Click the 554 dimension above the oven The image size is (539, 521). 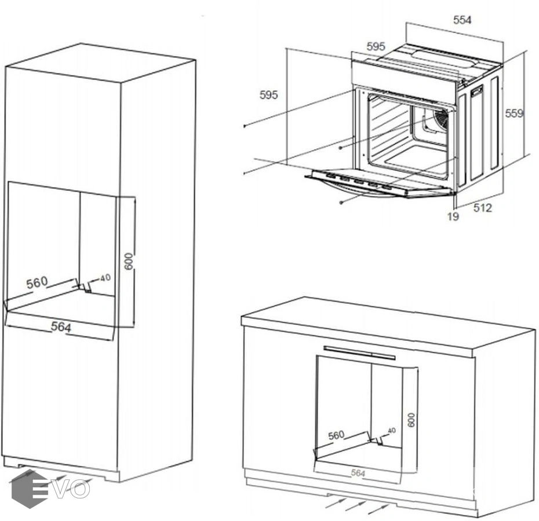click(x=462, y=20)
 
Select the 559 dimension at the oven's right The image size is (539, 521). click(x=514, y=113)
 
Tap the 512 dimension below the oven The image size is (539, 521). click(x=482, y=208)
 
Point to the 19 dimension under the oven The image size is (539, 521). click(x=453, y=216)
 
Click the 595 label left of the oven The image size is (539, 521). click(x=269, y=95)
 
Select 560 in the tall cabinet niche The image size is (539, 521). click(x=37, y=283)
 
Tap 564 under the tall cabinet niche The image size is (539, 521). click(x=61, y=327)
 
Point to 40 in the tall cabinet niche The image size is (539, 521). click(x=105, y=278)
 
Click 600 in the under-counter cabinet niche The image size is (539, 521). click(x=411, y=420)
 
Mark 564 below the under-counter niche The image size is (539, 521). click(x=358, y=473)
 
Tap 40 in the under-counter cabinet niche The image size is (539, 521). click(x=392, y=431)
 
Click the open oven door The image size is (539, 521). click(x=377, y=184)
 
